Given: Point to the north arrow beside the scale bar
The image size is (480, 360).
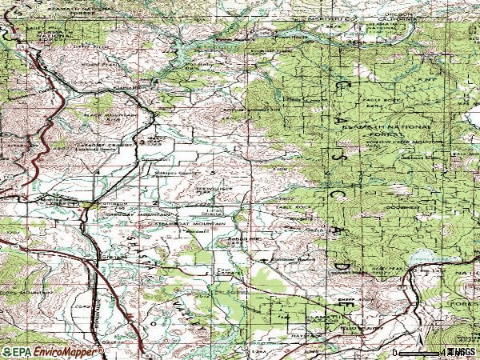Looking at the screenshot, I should (x=445, y=352).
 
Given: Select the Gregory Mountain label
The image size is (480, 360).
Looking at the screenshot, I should (x=144, y=215).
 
